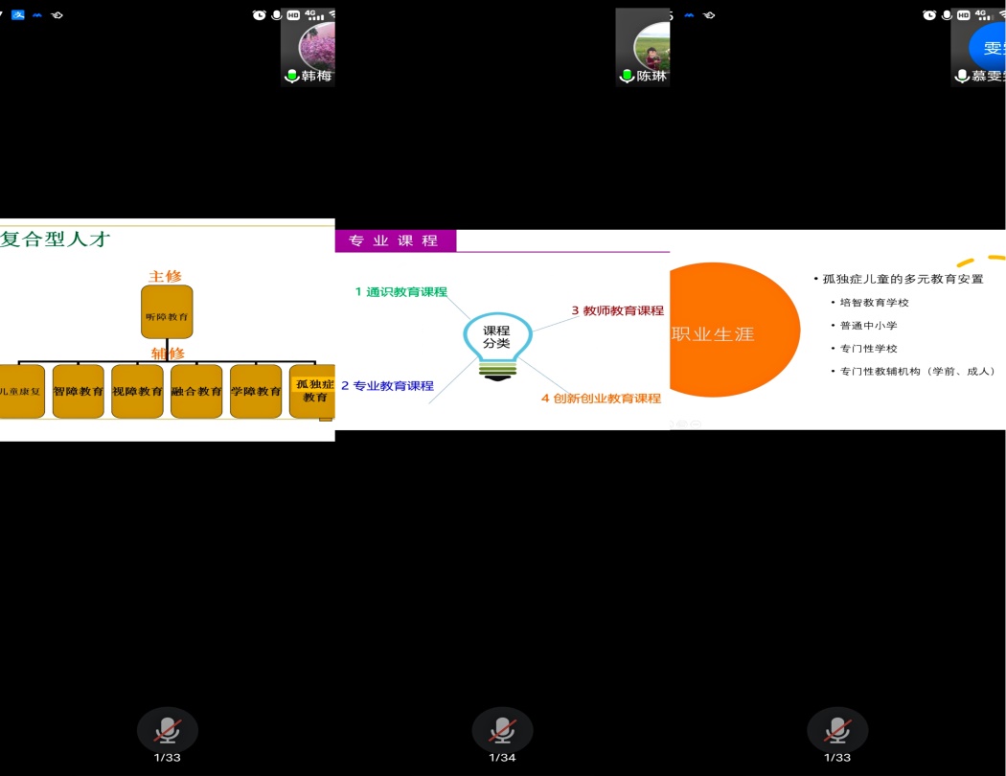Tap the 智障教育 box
point(79,391)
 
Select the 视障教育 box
point(137,391)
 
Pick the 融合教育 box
point(196,391)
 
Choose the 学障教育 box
point(256,391)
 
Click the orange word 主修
point(165,276)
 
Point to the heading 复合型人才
point(57,240)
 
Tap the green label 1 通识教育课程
point(401,292)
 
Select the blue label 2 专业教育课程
point(388,386)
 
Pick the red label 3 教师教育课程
point(617,310)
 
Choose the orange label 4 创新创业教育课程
point(601,399)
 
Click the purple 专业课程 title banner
point(395,240)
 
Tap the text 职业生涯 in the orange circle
point(714,334)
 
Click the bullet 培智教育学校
point(874,303)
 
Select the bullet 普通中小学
point(868,326)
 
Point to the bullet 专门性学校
point(868,349)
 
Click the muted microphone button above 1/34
point(502,731)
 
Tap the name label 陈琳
point(652,76)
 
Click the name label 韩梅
point(316,76)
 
